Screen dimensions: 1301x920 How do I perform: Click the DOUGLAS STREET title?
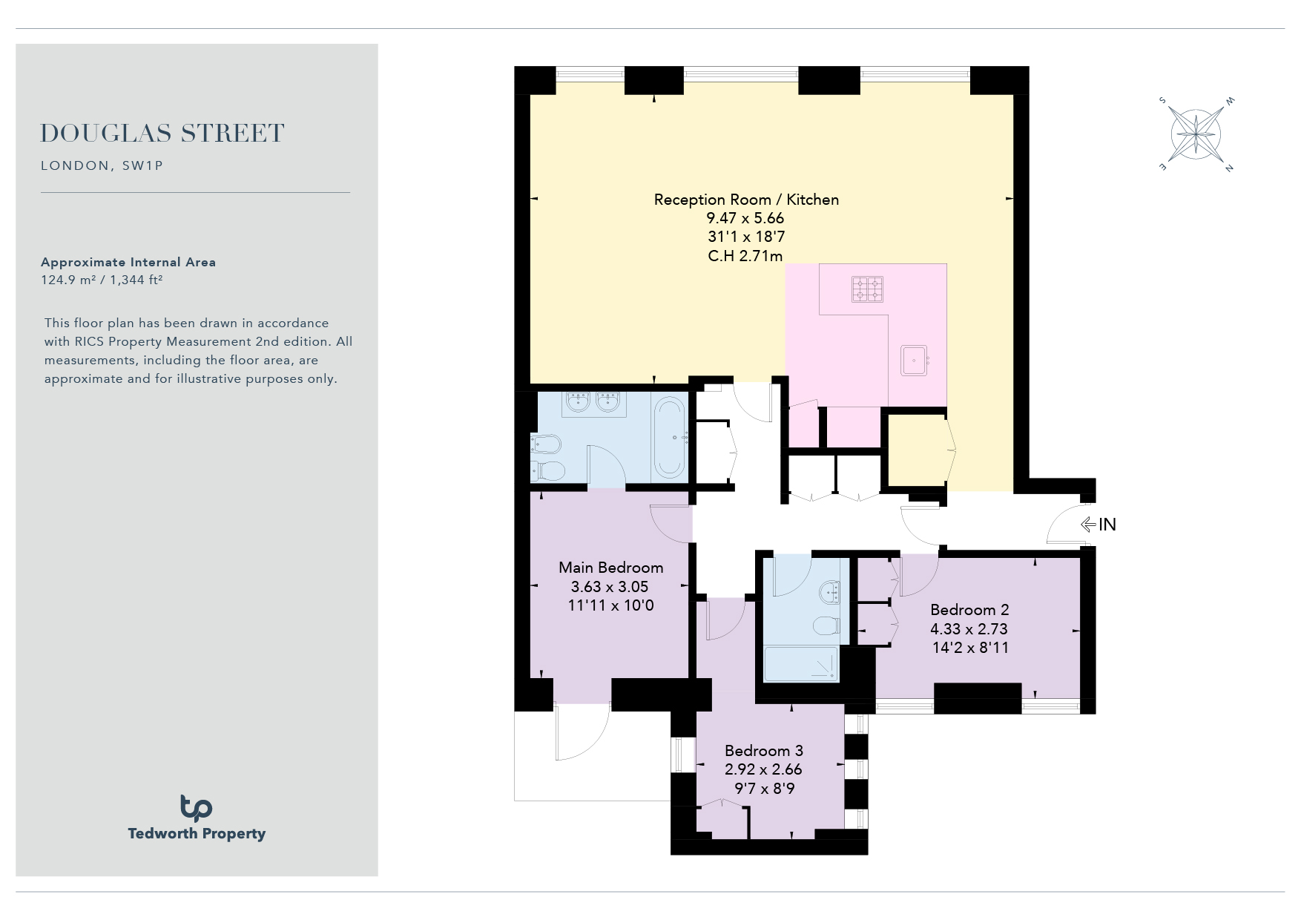click(162, 134)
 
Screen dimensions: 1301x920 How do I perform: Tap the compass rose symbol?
click(1196, 134)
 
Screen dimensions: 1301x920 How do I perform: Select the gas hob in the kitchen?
click(867, 289)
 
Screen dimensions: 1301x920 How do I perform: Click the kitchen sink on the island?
click(915, 361)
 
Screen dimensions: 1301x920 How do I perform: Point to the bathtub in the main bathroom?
click(670, 438)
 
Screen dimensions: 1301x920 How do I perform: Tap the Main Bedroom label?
click(611, 568)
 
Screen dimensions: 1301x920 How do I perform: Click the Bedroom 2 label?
click(969, 610)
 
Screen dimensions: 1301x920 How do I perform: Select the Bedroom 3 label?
click(764, 751)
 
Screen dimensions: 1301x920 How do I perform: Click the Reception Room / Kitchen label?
click(746, 200)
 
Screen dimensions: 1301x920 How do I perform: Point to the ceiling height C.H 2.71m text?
click(745, 256)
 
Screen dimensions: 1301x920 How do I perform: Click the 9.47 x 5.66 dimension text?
click(745, 218)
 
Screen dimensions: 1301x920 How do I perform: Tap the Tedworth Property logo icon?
click(196, 807)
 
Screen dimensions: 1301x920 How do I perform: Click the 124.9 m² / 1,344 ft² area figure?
click(102, 280)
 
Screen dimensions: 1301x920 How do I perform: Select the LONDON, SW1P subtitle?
click(102, 165)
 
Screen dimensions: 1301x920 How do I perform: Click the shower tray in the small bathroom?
click(801, 664)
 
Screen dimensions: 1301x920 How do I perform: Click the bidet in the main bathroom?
click(545, 444)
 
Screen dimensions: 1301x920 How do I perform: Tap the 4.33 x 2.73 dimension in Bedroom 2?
click(969, 629)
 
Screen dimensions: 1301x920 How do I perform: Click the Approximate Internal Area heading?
click(128, 262)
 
